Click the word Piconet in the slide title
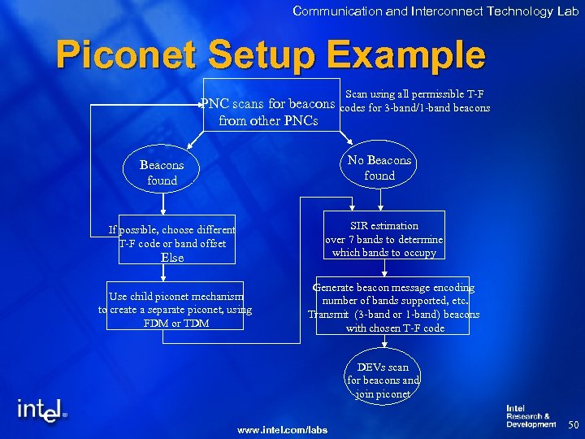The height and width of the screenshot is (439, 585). coord(127,56)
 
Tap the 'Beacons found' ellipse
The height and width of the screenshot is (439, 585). coord(162,172)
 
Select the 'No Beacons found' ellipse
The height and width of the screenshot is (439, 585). coord(379,167)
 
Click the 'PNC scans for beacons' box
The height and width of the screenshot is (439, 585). coord(269,113)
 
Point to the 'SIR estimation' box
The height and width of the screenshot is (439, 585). coord(384,239)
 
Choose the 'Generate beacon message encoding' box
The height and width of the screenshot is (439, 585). coord(393,307)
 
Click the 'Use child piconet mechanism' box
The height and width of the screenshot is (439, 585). coord(175,310)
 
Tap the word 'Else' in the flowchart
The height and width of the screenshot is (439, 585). coord(172,258)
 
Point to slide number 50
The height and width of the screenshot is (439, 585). coord(572,424)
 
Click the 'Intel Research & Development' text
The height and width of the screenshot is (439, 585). coord(531,416)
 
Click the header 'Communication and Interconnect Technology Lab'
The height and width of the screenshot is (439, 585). coord(435,11)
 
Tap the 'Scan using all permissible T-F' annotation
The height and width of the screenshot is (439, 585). coord(414,94)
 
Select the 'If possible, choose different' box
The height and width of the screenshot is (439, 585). coord(172,230)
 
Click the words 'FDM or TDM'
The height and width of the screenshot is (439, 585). coord(175,323)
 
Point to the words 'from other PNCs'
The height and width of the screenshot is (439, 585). coord(268,122)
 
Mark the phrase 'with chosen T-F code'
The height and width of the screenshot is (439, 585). coord(395,328)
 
